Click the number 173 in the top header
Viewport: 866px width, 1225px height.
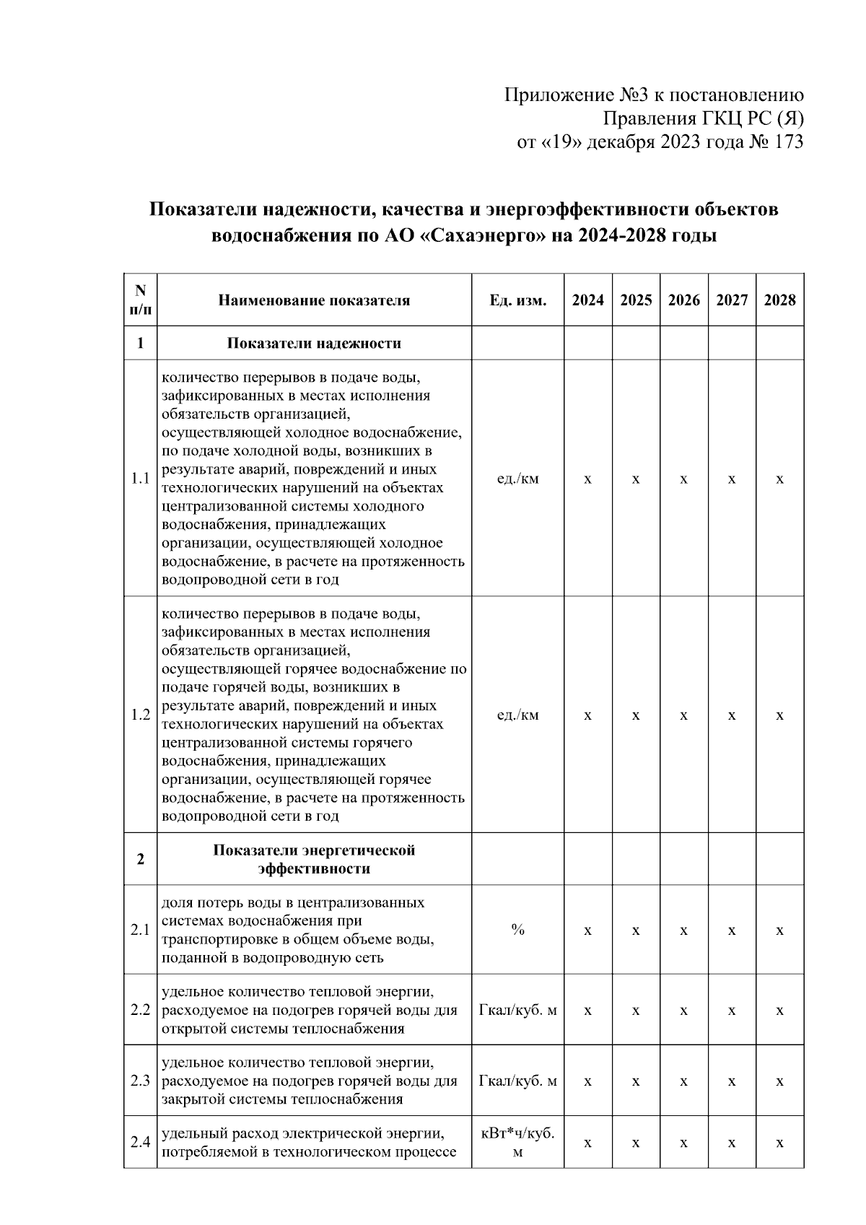point(788,142)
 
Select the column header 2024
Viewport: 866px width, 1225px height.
point(587,300)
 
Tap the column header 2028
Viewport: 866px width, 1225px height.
point(779,300)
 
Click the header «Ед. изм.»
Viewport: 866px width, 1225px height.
point(517,300)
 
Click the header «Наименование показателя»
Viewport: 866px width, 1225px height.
point(314,300)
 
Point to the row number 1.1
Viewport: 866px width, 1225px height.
point(140,479)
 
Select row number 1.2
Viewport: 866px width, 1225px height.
point(140,715)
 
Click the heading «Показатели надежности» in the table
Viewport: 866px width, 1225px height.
point(314,343)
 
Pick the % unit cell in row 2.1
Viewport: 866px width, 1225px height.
point(517,930)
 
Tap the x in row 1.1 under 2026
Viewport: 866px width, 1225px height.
point(683,479)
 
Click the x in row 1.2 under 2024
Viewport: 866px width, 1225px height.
point(587,715)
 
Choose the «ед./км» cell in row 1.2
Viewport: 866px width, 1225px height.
point(517,715)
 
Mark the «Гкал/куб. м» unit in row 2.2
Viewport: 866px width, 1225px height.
point(517,1010)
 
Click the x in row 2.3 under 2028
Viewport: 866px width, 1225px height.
point(779,1081)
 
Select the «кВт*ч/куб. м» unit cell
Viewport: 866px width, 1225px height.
point(517,1142)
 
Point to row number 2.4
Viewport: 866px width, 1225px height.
point(140,1142)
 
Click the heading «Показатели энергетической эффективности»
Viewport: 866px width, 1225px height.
point(314,859)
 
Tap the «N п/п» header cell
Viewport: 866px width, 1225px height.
point(140,300)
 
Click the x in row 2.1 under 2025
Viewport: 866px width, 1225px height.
point(635,930)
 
